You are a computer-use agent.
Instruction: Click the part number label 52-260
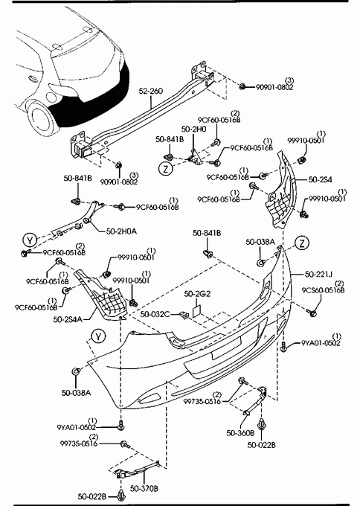(x=151, y=92)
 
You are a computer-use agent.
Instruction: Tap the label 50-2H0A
(x=121, y=231)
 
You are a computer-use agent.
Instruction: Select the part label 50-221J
(x=318, y=275)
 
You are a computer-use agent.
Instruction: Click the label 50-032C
(x=155, y=314)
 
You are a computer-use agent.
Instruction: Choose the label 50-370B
(x=144, y=489)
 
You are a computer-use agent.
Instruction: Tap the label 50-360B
(x=240, y=433)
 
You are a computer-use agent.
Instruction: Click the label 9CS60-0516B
(x=324, y=290)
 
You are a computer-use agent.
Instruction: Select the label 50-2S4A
(x=68, y=319)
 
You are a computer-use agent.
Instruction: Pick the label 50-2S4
(x=320, y=180)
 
